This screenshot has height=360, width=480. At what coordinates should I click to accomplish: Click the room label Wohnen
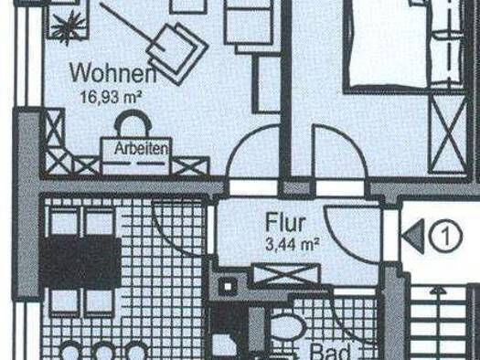pos(113,72)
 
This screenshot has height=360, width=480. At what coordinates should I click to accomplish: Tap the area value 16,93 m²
pos(111,97)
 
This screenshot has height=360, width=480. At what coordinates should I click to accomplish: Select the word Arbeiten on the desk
pos(142,149)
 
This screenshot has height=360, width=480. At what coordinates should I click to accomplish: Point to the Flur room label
pos(285,222)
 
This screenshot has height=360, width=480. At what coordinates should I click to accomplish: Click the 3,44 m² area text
pos(292,244)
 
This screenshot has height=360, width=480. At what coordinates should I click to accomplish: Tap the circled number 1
pos(445,236)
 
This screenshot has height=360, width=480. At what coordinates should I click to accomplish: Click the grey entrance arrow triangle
pos(413,236)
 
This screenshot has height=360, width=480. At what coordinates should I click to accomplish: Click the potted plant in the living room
pos(69,26)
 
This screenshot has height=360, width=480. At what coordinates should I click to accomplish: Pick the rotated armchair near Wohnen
pos(177,53)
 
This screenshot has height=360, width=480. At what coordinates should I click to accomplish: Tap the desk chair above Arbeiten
pos(133,122)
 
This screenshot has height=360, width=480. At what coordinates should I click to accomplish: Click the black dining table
pos(80,262)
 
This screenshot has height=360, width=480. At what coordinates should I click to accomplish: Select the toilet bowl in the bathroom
pos(288,326)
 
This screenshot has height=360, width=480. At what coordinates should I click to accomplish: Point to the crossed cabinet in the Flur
pos(287,274)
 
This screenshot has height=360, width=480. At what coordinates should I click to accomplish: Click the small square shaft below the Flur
pos(227,286)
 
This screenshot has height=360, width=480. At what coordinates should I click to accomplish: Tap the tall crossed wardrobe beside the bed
pos(448,134)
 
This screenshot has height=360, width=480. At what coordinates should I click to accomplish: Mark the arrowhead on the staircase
pos(437,290)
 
